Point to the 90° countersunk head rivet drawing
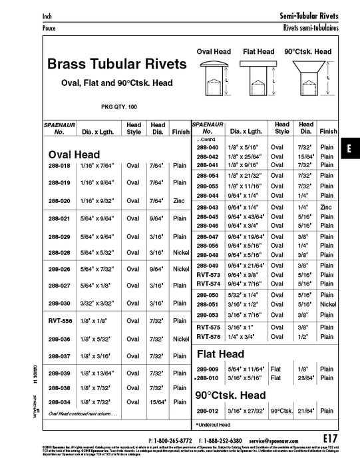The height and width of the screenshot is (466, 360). pos(307,77)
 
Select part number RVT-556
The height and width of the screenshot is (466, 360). pos(60,321)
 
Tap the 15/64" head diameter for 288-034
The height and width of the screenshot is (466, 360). pos(158,401)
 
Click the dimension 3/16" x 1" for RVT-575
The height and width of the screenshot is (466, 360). pos(245,328)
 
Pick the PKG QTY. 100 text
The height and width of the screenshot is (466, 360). pos(118,107)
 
